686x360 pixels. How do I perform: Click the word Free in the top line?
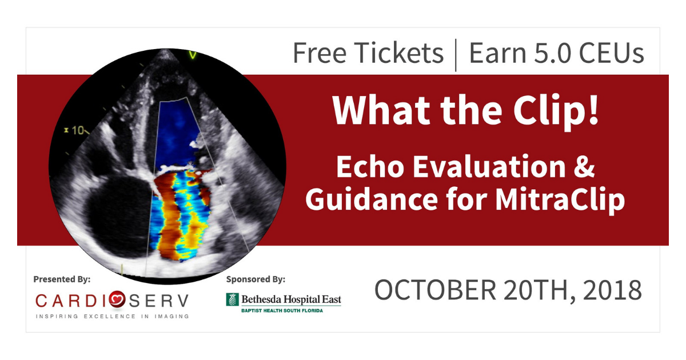point(320,53)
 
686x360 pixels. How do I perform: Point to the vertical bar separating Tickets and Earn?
point(456,55)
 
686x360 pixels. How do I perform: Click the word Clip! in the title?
point(556,111)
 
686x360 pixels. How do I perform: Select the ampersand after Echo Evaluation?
point(584,166)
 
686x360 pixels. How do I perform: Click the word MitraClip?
point(560,200)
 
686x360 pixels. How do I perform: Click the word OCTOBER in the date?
point(435,290)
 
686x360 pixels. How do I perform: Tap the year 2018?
point(612,290)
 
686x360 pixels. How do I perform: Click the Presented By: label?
point(62,279)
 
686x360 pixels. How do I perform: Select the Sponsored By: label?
point(256,279)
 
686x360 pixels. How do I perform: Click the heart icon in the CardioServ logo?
point(117,299)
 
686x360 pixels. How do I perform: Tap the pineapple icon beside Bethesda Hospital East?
point(233,299)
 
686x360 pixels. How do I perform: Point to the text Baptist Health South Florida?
point(282,311)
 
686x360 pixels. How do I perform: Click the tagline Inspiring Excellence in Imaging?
point(113,316)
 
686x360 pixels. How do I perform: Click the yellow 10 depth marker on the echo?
point(78,130)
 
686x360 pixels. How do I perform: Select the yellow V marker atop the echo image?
point(193,55)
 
